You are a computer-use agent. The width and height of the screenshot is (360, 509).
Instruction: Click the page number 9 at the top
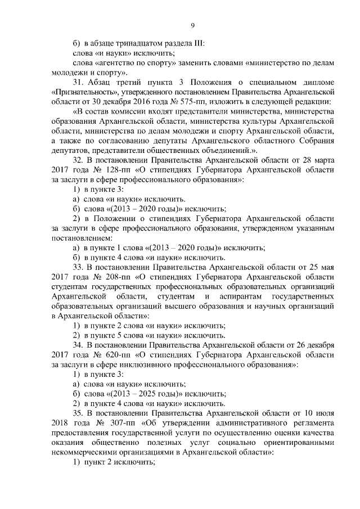[x=192, y=25]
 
